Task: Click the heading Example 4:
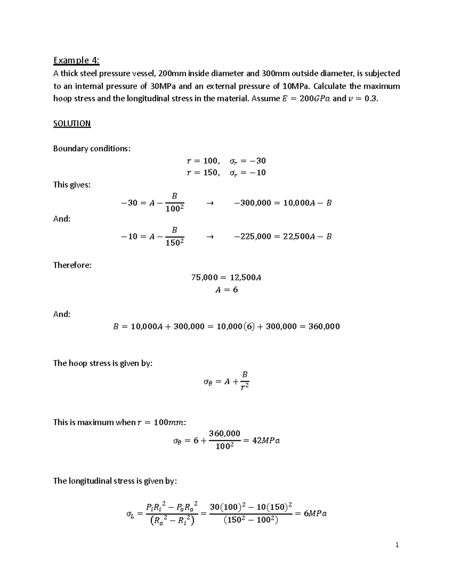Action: (x=76, y=60)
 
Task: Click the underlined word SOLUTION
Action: (x=72, y=124)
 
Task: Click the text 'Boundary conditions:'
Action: (x=92, y=149)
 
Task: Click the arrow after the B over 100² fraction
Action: (x=210, y=203)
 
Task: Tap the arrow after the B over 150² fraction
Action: (x=210, y=237)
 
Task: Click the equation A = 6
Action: (x=226, y=290)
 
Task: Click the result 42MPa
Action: (x=266, y=441)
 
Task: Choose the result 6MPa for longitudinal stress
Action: (x=315, y=514)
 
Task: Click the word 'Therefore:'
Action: (x=72, y=265)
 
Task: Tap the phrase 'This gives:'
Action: (x=72, y=185)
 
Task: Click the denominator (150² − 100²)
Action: (x=251, y=521)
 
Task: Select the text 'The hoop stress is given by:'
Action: (x=103, y=363)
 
